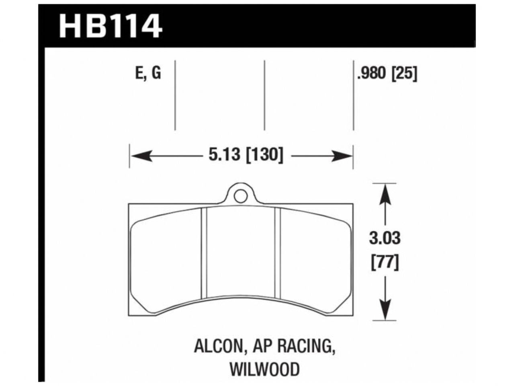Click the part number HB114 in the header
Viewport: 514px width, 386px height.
click(x=111, y=25)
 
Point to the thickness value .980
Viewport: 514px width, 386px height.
click(x=372, y=74)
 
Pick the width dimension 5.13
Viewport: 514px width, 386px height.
click(x=224, y=155)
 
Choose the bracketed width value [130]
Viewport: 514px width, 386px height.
click(x=264, y=155)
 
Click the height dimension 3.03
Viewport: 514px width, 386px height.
click(x=385, y=238)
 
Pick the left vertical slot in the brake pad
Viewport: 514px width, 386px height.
click(x=203, y=253)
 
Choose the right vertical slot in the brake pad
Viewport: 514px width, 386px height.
click(x=277, y=253)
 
